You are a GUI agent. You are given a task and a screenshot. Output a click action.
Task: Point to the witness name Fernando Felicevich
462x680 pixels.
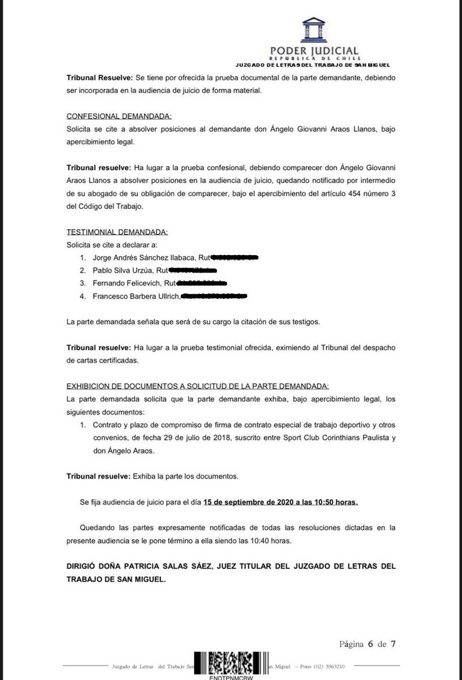127,283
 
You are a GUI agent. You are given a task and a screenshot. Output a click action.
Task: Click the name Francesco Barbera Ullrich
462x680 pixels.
136,297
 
